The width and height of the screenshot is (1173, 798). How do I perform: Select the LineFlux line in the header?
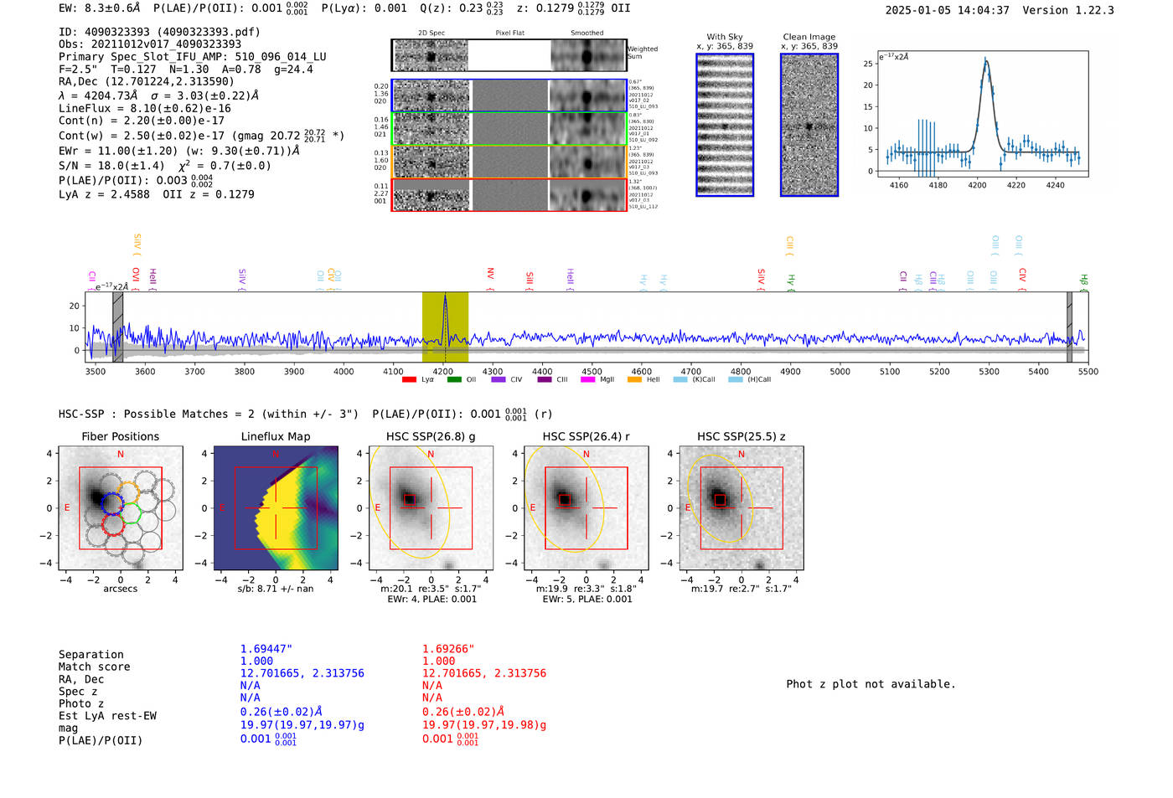tap(144, 108)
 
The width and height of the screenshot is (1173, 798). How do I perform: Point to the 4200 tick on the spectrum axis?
tap(443, 371)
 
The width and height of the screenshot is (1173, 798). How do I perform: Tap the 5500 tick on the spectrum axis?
tap(1088, 371)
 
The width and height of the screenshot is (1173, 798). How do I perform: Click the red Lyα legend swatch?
tap(409, 379)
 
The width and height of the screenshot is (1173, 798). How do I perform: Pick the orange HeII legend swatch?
tap(634, 379)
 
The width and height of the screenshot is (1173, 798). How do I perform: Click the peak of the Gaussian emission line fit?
tap(985, 59)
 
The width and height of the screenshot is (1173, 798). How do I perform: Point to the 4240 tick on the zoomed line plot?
tap(1055, 185)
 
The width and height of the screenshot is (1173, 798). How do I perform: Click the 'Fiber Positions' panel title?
tap(120, 436)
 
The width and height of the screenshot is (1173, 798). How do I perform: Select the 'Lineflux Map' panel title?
tap(275, 436)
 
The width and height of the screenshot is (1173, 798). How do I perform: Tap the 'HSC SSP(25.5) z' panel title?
tap(742, 436)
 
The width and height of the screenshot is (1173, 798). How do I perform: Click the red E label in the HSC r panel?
tap(533, 508)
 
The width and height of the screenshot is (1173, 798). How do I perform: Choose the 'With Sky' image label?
tap(724, 37)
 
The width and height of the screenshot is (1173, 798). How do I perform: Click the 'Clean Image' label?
tap(809, 37)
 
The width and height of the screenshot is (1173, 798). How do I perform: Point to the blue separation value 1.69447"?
tap(266, 649)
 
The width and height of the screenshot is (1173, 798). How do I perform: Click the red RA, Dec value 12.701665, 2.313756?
tap(483, 673)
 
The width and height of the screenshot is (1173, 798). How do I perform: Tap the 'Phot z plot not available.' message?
tap(871, 684)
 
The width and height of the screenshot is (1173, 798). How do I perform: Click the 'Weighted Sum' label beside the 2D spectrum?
tap(642, 53)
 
